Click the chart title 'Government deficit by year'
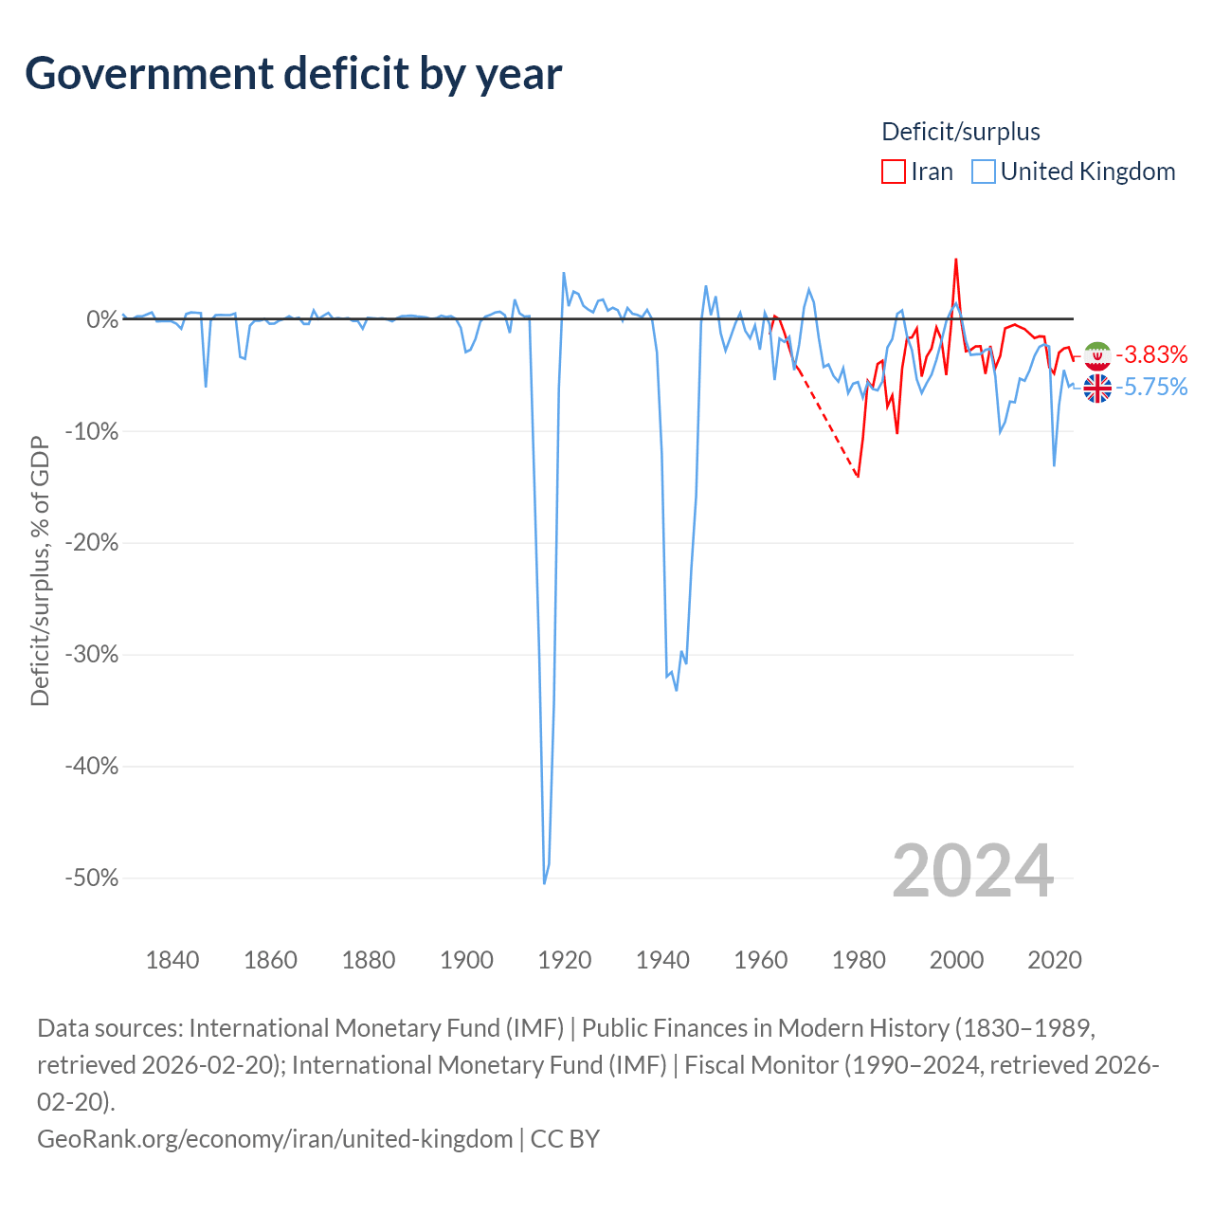293,74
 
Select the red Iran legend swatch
894,172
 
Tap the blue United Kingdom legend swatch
984,172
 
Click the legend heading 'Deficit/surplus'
961,132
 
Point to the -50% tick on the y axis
92,878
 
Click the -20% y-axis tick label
92,542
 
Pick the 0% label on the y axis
102,319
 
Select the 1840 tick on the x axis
172,960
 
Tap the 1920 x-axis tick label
565,960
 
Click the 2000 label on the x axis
956,960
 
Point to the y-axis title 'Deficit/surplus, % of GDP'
41,570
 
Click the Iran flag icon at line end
1097,355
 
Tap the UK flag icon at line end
1097,388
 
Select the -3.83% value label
1151,355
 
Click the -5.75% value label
1151,388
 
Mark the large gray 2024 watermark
972,871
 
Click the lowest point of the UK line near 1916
545,884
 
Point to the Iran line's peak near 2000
955,259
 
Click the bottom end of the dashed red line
858,477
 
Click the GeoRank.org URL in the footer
275,1139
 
